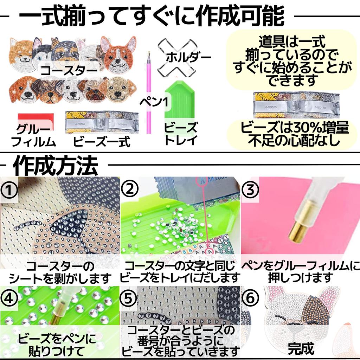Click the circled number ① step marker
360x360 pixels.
tap(9, 190)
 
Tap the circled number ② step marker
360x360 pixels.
tap(129, 190)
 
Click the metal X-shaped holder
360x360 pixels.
tap(176, 56)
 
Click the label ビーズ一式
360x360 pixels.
tap(102, 142)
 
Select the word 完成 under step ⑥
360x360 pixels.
tap(301, 348)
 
